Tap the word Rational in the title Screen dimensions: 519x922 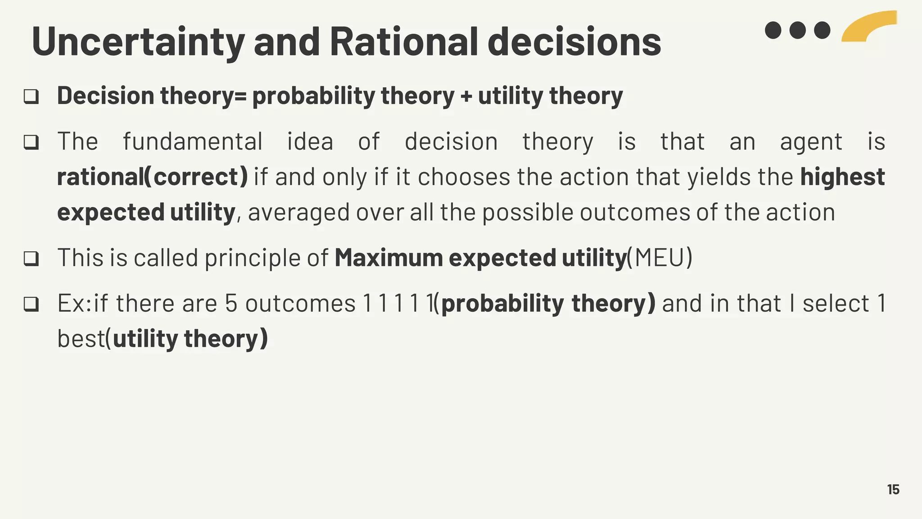pos(403,41)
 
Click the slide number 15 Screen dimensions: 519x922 pos(893,490)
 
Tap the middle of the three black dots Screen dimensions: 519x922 pos(797,30)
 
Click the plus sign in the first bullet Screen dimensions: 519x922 pos(466,96)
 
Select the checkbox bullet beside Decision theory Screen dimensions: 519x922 pos(31,96)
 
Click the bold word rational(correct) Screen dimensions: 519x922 pos(152,177)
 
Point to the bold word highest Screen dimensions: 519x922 pos(842,177)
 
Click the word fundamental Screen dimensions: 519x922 pos(193,141)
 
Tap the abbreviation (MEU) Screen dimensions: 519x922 pos(660,258)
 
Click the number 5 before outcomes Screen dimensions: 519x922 pos(231,303)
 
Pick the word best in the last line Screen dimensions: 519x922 pos(81,338)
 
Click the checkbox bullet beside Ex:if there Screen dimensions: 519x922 pos(31,304)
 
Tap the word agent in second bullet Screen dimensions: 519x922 pos(811,142)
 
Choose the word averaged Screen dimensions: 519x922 pos(298,213)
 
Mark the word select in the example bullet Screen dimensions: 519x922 pos(836,303)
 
